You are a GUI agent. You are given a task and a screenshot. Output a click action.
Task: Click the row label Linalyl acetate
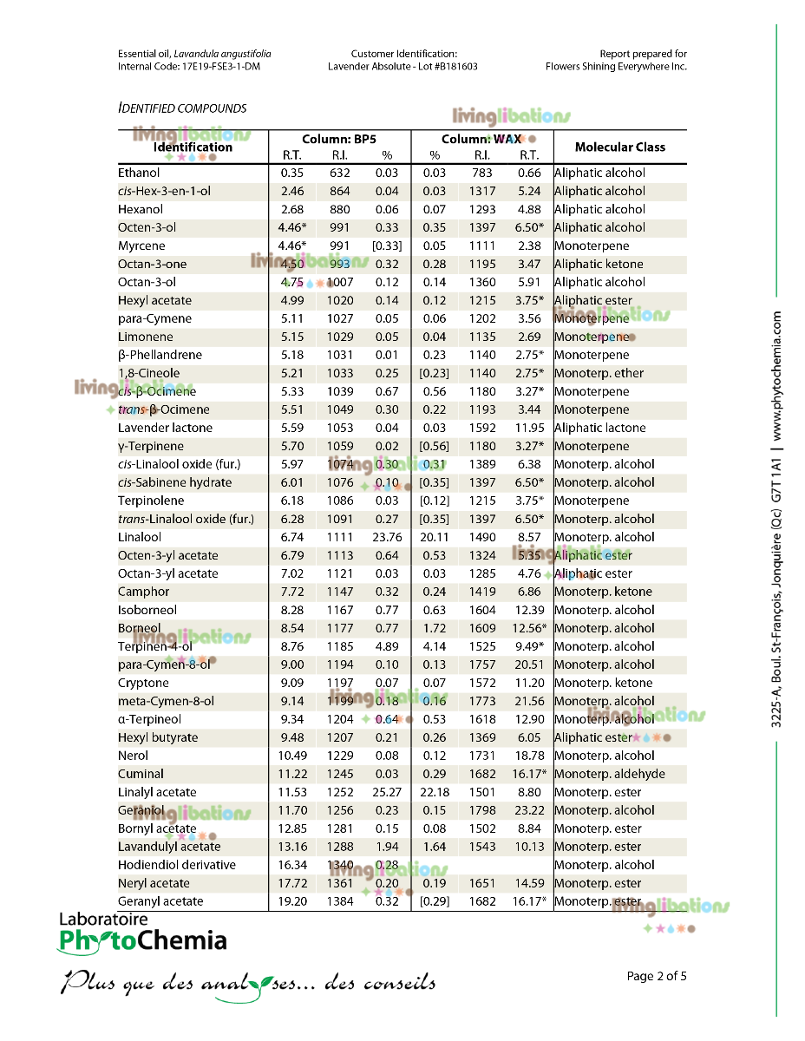[157, 792]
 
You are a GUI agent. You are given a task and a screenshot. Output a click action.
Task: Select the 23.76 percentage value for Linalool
[387, 537]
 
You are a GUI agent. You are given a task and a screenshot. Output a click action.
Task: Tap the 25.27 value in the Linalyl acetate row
[387, 792]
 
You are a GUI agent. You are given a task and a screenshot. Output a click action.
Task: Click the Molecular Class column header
[619, 147]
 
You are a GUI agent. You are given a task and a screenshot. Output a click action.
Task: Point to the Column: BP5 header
[339, 139]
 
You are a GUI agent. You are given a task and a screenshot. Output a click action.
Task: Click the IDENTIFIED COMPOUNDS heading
[182, 108]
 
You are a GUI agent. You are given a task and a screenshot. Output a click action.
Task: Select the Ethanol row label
[139, 173]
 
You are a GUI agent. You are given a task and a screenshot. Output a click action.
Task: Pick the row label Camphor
[144, 592]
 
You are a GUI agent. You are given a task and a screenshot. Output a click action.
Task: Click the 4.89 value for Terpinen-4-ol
[387, 646]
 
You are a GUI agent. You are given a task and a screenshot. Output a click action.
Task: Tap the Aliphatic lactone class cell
[599, 428]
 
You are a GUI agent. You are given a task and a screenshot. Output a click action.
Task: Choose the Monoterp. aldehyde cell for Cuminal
[609, 774]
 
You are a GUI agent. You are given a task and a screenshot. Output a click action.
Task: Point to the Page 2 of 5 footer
[657, 976]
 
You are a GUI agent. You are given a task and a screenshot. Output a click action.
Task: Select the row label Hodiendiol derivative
[177, 865]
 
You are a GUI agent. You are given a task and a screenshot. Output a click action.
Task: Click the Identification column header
[193, 147]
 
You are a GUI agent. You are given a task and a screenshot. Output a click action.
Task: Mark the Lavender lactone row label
[165, 428]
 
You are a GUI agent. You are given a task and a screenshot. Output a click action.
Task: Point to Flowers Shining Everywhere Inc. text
[616, 66]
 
